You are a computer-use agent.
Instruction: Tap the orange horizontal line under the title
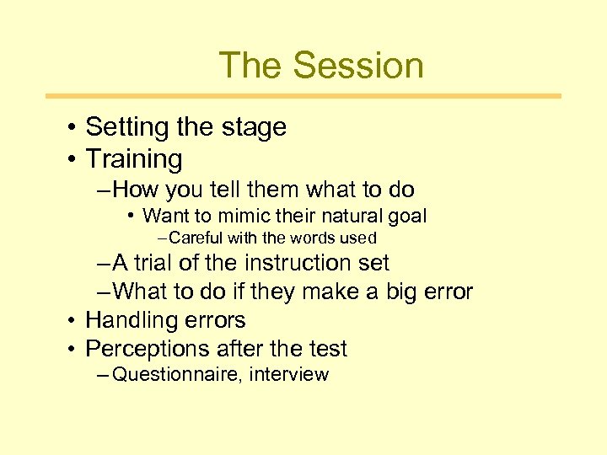click(303, 96)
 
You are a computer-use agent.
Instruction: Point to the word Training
click(134, 158)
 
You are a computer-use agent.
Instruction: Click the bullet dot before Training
click(74, 158)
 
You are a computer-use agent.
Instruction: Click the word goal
click(407, 216)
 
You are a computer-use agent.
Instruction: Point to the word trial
click(153, 263)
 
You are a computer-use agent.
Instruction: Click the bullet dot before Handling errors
click(74, 320)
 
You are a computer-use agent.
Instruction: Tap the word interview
click(290, 375)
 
